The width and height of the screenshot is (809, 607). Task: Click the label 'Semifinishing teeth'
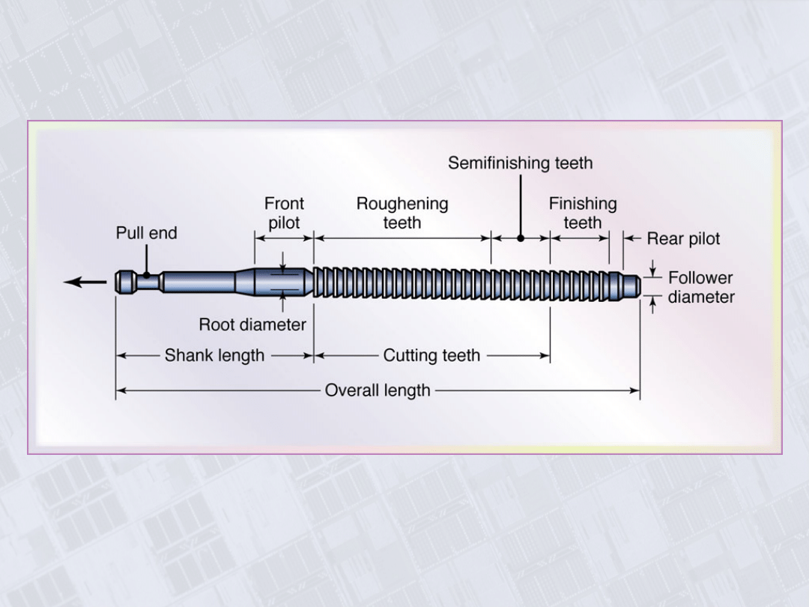[520, 163]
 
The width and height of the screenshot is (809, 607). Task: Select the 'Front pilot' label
[284, 213]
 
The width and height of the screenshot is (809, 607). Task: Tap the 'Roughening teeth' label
[402, 213]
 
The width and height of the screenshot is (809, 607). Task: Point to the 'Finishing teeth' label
[583, 213]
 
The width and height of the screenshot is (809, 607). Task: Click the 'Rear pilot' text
[683, 239]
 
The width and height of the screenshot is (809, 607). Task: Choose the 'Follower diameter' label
[701, 288]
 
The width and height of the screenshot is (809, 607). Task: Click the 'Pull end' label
[147, 233]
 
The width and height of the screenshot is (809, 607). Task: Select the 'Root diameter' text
[252, 325]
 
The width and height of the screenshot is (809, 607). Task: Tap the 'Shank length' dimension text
[214, 356]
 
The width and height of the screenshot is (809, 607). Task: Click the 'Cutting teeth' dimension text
[431, 356]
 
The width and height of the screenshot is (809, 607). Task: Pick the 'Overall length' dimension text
[378, 390]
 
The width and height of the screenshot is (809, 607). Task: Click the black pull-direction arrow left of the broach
[85, 283]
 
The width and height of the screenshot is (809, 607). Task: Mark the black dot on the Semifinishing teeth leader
[521, 238]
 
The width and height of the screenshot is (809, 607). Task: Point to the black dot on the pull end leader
[147, 276]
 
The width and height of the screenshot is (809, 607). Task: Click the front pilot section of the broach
[283, 283]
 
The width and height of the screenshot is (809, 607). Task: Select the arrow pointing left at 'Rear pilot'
[633, 239]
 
